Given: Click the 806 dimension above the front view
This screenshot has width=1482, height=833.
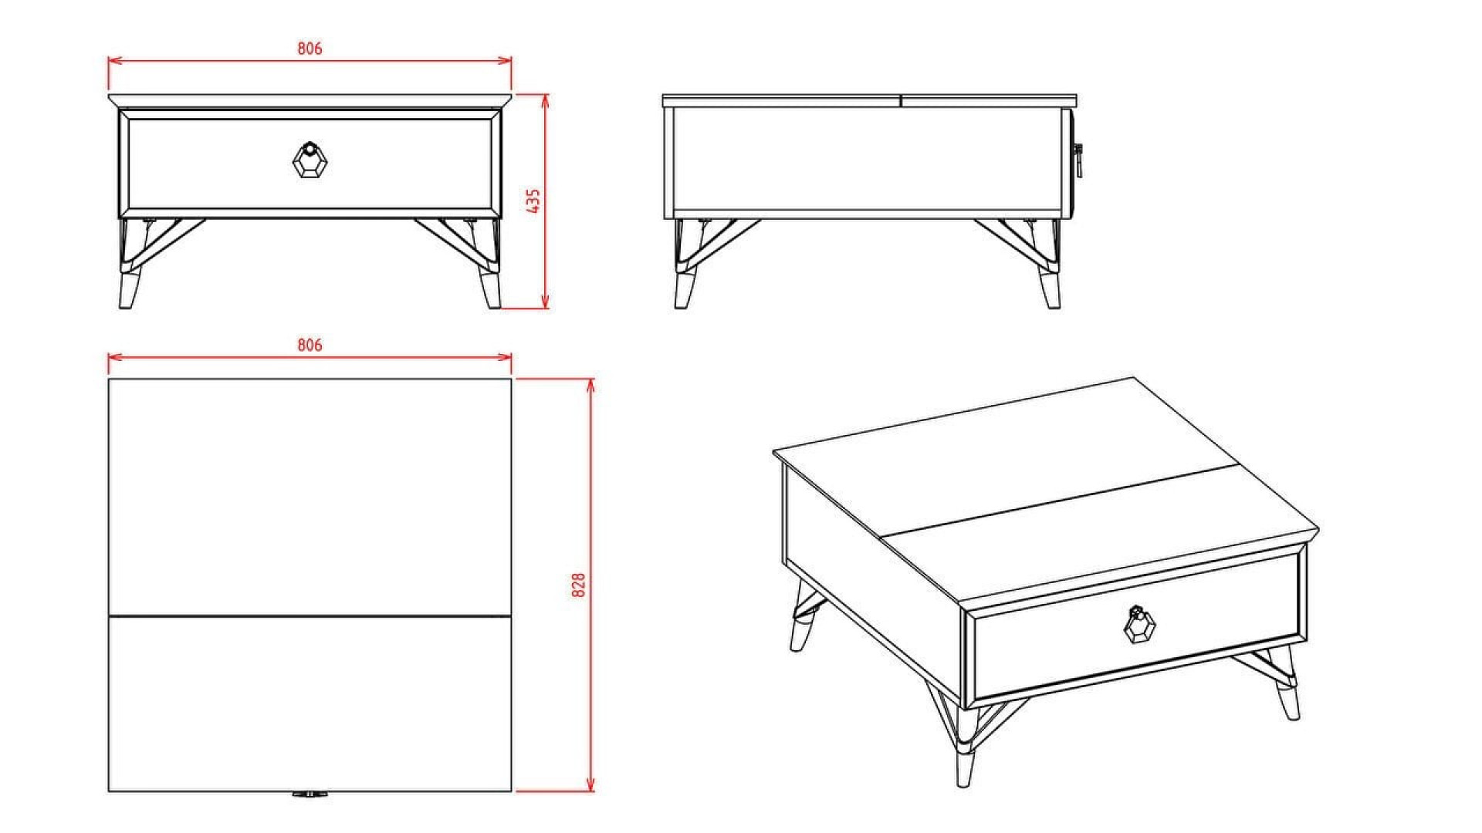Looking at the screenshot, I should tap(310, 49).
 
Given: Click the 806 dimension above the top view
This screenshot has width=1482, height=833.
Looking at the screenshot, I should tap(310, 346).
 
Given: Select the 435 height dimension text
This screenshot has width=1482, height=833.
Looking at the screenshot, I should tap(533, 201).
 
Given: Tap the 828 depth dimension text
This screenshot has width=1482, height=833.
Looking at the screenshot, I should tap(579, 585).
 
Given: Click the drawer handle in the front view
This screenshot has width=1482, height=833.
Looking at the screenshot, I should tap(310, 160).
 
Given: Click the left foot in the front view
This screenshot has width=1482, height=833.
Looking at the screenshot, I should tap(127, 289).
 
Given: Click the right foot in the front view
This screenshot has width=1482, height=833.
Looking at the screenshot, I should tap(491, 289).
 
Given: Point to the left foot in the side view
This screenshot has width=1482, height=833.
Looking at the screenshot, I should tap(682, 289).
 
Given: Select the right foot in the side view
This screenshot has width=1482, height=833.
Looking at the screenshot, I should tap(1051, 289).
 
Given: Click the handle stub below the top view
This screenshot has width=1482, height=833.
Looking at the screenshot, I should tap(309, 794).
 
